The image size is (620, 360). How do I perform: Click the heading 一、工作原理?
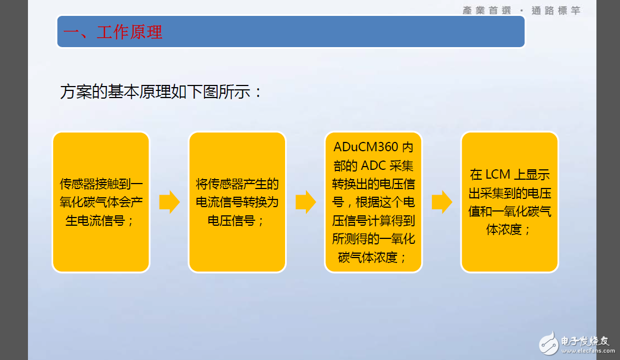113,32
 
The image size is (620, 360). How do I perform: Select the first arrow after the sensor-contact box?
169,202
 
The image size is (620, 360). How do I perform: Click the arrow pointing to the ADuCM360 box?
305,202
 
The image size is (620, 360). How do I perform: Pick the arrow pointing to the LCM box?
442,202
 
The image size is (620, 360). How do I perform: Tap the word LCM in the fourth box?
498,175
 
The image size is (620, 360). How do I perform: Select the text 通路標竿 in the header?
556,10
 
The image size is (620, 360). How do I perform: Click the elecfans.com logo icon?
548,342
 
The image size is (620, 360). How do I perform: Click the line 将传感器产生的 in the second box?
237,184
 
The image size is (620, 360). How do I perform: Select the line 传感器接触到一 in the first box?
101,184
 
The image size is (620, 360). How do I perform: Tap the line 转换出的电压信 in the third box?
373,184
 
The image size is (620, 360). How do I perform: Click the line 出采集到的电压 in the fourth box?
509,193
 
